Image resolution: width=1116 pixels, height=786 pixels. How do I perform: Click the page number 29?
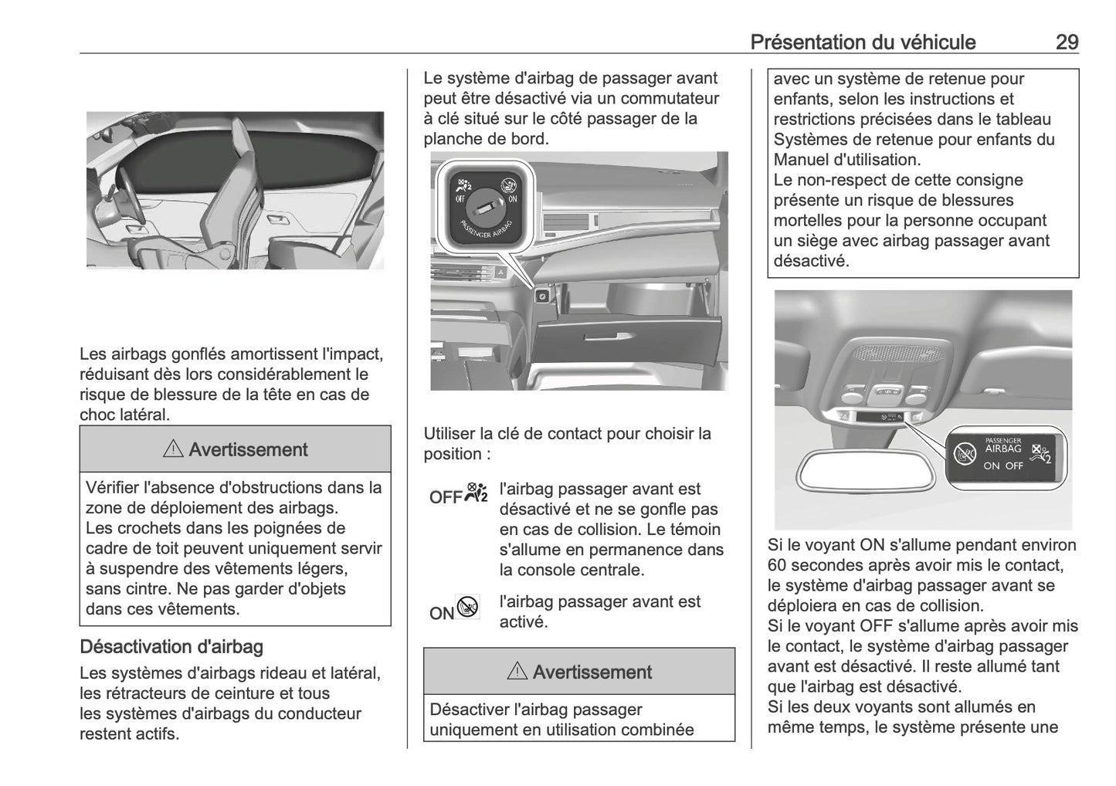click(x=1066, y=42)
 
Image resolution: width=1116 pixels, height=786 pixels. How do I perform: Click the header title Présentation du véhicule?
click(x=863, y=42)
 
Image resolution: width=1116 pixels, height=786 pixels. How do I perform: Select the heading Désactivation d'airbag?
click(x=171, y=646)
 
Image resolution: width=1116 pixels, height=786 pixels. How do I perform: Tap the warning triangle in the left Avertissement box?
click(x=173, y=450)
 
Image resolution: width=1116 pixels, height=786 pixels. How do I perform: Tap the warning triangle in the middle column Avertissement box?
click(x=517, y=673)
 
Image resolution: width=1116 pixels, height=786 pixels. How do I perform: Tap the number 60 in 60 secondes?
click(x=778, y=565)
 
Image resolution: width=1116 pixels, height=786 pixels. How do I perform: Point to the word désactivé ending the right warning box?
click(x=811, y=261)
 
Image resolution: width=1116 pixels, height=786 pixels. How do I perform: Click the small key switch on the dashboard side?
click(x=542, y=296)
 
